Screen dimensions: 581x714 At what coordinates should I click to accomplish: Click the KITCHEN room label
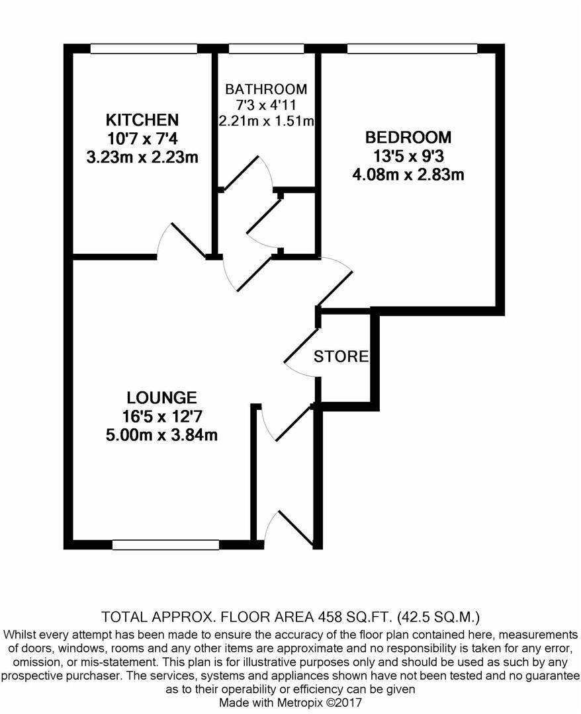[x=142, y=120]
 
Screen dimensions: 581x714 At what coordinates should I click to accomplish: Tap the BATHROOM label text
[x=266, y=89]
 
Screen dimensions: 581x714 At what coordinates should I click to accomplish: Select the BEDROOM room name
[x=408, y=137]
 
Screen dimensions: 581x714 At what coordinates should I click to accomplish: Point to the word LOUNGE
[x=161, y=398]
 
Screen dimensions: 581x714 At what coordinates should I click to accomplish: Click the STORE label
[x=341, y=356]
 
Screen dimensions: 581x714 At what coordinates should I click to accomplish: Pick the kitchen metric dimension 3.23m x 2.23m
[x=142, y=157]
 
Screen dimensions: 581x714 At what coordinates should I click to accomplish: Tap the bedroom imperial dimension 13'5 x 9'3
[x=408, y=156]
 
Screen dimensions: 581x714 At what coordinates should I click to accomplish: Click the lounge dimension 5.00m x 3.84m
[x=161, y=435]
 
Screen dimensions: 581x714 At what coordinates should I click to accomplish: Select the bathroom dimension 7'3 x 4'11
[x=266, y=105]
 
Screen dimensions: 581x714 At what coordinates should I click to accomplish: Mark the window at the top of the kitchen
[x=144, y=48]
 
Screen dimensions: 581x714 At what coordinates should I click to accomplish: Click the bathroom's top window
[x=266, y=48]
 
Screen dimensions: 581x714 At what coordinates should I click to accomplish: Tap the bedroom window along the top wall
[x=412, y=48]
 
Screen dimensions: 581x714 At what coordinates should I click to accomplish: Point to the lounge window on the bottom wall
[x=166, y=545]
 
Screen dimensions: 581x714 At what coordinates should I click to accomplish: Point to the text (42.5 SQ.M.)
[x=439, y=617]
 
